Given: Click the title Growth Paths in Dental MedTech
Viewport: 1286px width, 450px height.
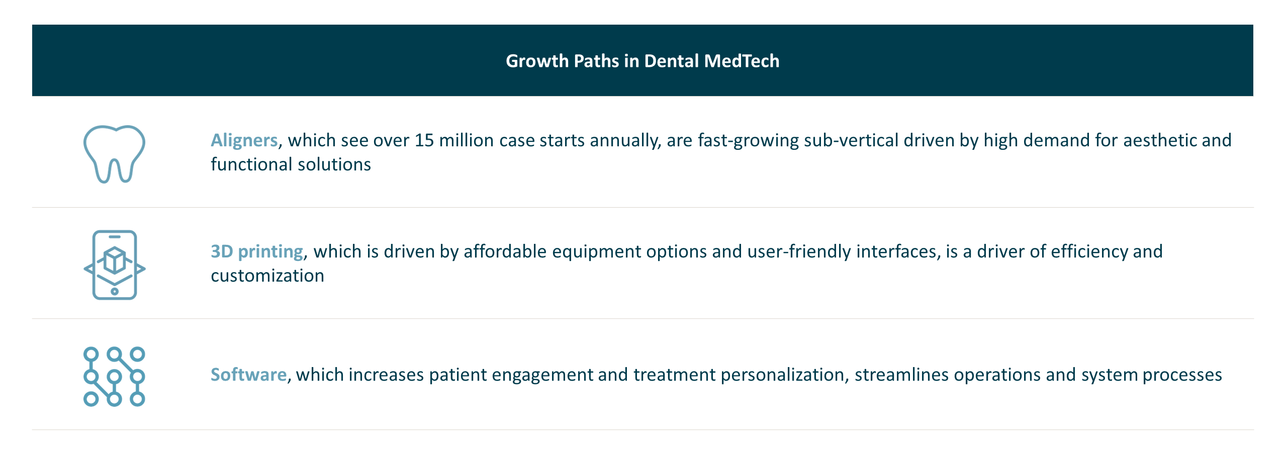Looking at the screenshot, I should [642, 61].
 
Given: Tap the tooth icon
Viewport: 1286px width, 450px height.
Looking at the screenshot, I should [114, 153].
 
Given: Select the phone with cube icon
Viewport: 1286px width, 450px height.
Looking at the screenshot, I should [115, 265].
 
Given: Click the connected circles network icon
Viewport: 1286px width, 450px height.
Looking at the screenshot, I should [114, 377].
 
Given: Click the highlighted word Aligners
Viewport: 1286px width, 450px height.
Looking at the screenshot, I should [244, 140].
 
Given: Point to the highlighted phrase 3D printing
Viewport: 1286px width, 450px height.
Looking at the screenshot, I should [256, 251].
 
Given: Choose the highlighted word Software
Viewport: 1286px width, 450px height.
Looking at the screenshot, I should [248, 375].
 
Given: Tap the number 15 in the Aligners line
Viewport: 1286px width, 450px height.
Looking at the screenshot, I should [424, 140].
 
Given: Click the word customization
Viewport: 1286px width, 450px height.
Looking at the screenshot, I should [267, 276].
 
